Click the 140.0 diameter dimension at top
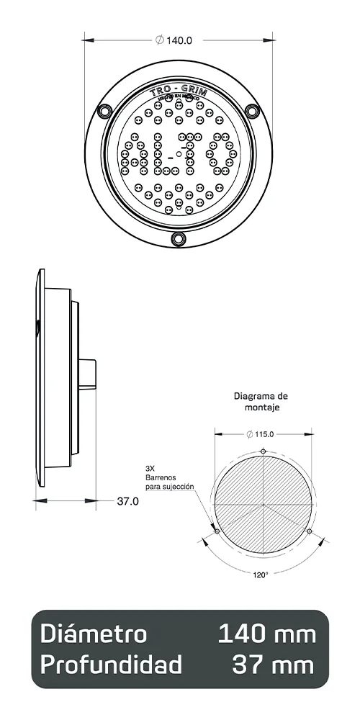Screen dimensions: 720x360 174,40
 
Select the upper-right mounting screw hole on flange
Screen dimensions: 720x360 252,110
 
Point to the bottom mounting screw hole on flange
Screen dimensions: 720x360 179,238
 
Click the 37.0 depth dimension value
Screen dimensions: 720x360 127,501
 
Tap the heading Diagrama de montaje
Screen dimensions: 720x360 261,401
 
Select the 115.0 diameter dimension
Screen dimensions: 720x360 264,434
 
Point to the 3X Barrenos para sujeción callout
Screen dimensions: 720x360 170,477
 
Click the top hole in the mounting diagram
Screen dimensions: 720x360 264,451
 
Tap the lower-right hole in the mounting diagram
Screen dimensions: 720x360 310,531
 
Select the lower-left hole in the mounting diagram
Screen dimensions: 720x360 217,531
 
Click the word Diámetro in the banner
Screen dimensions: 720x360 94,634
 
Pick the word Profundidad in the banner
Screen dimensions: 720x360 111,665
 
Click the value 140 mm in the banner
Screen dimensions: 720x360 266,634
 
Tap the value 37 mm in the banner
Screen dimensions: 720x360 274,665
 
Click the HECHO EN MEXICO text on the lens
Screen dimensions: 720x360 178,103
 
